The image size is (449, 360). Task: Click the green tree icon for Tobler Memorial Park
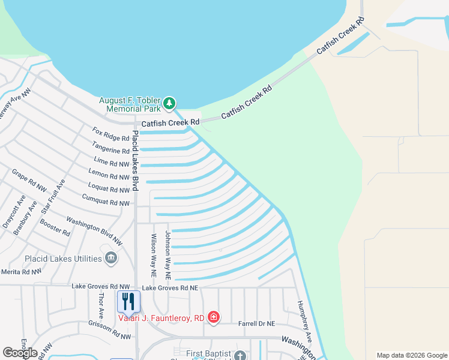(170, 103)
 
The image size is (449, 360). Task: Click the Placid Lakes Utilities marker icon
(110, 258)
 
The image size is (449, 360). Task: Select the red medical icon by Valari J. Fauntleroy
(213, 316)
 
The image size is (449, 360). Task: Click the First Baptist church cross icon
(240, 356)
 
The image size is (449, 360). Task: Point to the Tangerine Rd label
(110, 147)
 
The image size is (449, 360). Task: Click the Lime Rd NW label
(112, 162)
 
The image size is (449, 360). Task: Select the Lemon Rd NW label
(109, 176)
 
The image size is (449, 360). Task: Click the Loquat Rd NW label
(108, 190)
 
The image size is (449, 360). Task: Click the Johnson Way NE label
(169, 255)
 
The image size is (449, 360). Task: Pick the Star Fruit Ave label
(53, 196)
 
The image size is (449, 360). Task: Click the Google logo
(20, 352)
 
